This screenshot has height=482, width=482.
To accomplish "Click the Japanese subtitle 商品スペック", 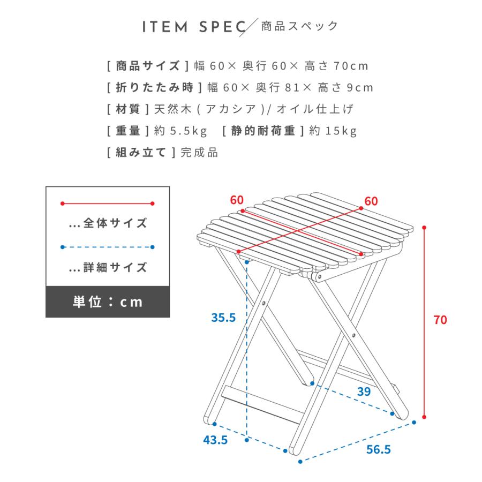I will coord(299,26).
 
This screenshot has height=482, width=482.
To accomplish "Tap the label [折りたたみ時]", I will coord(155,87).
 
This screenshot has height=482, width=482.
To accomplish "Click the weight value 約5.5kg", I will coord(180,131).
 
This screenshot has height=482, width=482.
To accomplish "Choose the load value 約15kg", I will coord(333,131).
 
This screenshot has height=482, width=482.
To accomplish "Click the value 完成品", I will coord(199,152).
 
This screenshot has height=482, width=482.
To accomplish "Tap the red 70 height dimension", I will coord(440,320).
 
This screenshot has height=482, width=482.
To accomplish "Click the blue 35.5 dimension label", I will coord(223,318).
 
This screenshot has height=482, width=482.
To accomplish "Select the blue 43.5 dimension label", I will coord(215,440).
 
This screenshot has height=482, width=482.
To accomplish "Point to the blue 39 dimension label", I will coord(364,391).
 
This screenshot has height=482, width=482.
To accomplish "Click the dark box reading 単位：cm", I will coord(108,302).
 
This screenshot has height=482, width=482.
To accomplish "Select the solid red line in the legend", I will coord(108,204).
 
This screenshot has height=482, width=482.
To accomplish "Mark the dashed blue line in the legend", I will coord(108,247).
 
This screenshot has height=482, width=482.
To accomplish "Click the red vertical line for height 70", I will coord(425,321).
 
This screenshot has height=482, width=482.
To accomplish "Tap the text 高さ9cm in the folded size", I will coord(347,87).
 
